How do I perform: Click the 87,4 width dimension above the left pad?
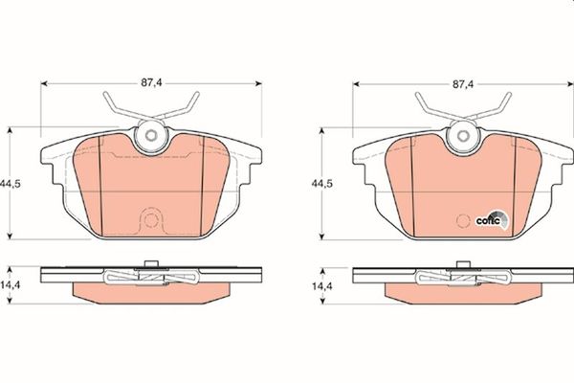[x=151, y=83]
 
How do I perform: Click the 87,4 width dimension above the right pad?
[x=463, y=84]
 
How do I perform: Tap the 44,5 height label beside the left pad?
[x=10, y=184]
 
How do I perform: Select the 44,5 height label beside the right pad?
[x=322, y=184]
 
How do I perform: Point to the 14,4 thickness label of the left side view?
[x=11, y=285]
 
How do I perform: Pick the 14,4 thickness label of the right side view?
[x=322, y=286]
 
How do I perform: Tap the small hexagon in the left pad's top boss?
[x=150, y=136]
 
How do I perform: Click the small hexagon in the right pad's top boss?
[x=463, y=136]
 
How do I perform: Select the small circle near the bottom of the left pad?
[x=150, y=220]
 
